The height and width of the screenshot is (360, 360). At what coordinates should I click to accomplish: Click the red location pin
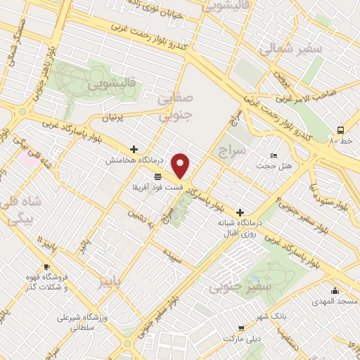pyautogui.click(x=181, y=166)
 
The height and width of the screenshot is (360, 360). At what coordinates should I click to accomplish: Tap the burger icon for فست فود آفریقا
pyautogui.click(x=158, y=176)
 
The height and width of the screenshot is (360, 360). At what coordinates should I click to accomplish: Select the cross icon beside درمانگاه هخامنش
pyautogui.click(x=134, y=149)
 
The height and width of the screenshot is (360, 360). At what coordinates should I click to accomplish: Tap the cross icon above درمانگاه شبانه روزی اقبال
pyautogui.click(x=240, y=212)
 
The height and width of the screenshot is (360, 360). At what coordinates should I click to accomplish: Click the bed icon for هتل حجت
pyautogui.click(x=274, y=155)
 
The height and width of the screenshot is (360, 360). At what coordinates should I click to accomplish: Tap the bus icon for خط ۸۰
pyautogui.click(x=340, y=130)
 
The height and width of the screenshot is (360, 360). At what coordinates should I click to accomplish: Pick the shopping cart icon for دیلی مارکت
pyautogui.click(x=241, y=327)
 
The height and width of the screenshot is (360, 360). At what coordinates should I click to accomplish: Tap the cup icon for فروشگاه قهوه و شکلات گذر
pyautogui.click(x=46, y=267)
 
